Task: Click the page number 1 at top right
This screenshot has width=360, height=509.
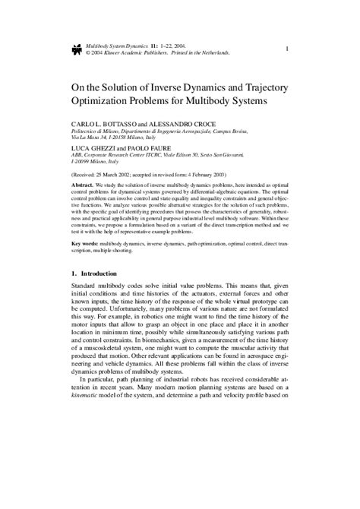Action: pos(286,49)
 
